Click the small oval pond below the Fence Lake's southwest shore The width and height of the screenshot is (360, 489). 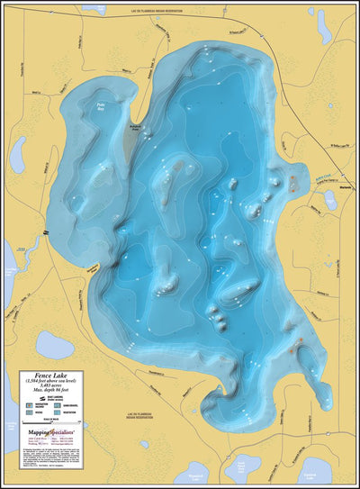pyautogui.click(x=55, y=344)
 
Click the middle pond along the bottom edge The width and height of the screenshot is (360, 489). pyautogui.click(x=241, y=469)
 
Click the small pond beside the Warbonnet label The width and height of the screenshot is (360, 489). pyautogui.click(x=329, y=199)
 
